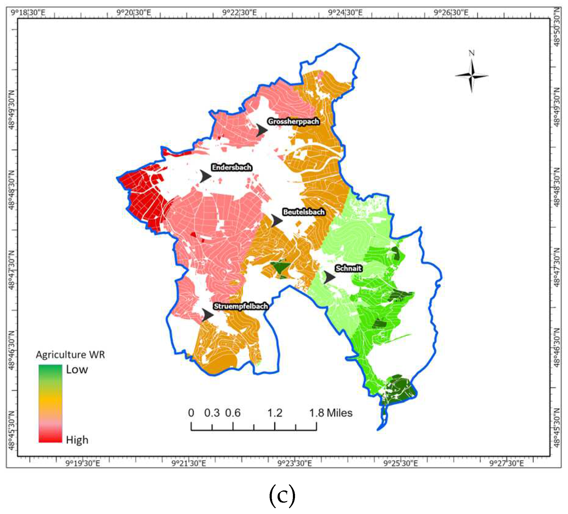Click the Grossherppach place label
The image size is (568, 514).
tap(293, 122)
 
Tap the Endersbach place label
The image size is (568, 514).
tap(232, 167)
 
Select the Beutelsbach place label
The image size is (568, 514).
tap(304, 212)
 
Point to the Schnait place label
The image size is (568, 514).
tap(349, 268)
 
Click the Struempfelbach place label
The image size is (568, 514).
tap(241, 306)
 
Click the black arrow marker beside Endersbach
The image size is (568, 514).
tap(205, 176)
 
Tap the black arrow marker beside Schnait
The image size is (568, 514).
tap(330, 277)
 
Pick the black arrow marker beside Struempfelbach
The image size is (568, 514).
tap(207, 315)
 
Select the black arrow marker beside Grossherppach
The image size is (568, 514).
tap(261, 130)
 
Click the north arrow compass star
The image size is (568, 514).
tap(472, 75)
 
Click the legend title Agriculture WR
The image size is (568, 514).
tap(70, 355)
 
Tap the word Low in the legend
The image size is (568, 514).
tap(77, 370)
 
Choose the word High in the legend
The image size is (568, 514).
tap(77, 440)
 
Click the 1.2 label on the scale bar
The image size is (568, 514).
tap(275, 413)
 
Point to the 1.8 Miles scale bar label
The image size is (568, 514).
tap(331, 413)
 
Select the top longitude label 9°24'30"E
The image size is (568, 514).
tap(345, 13)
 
